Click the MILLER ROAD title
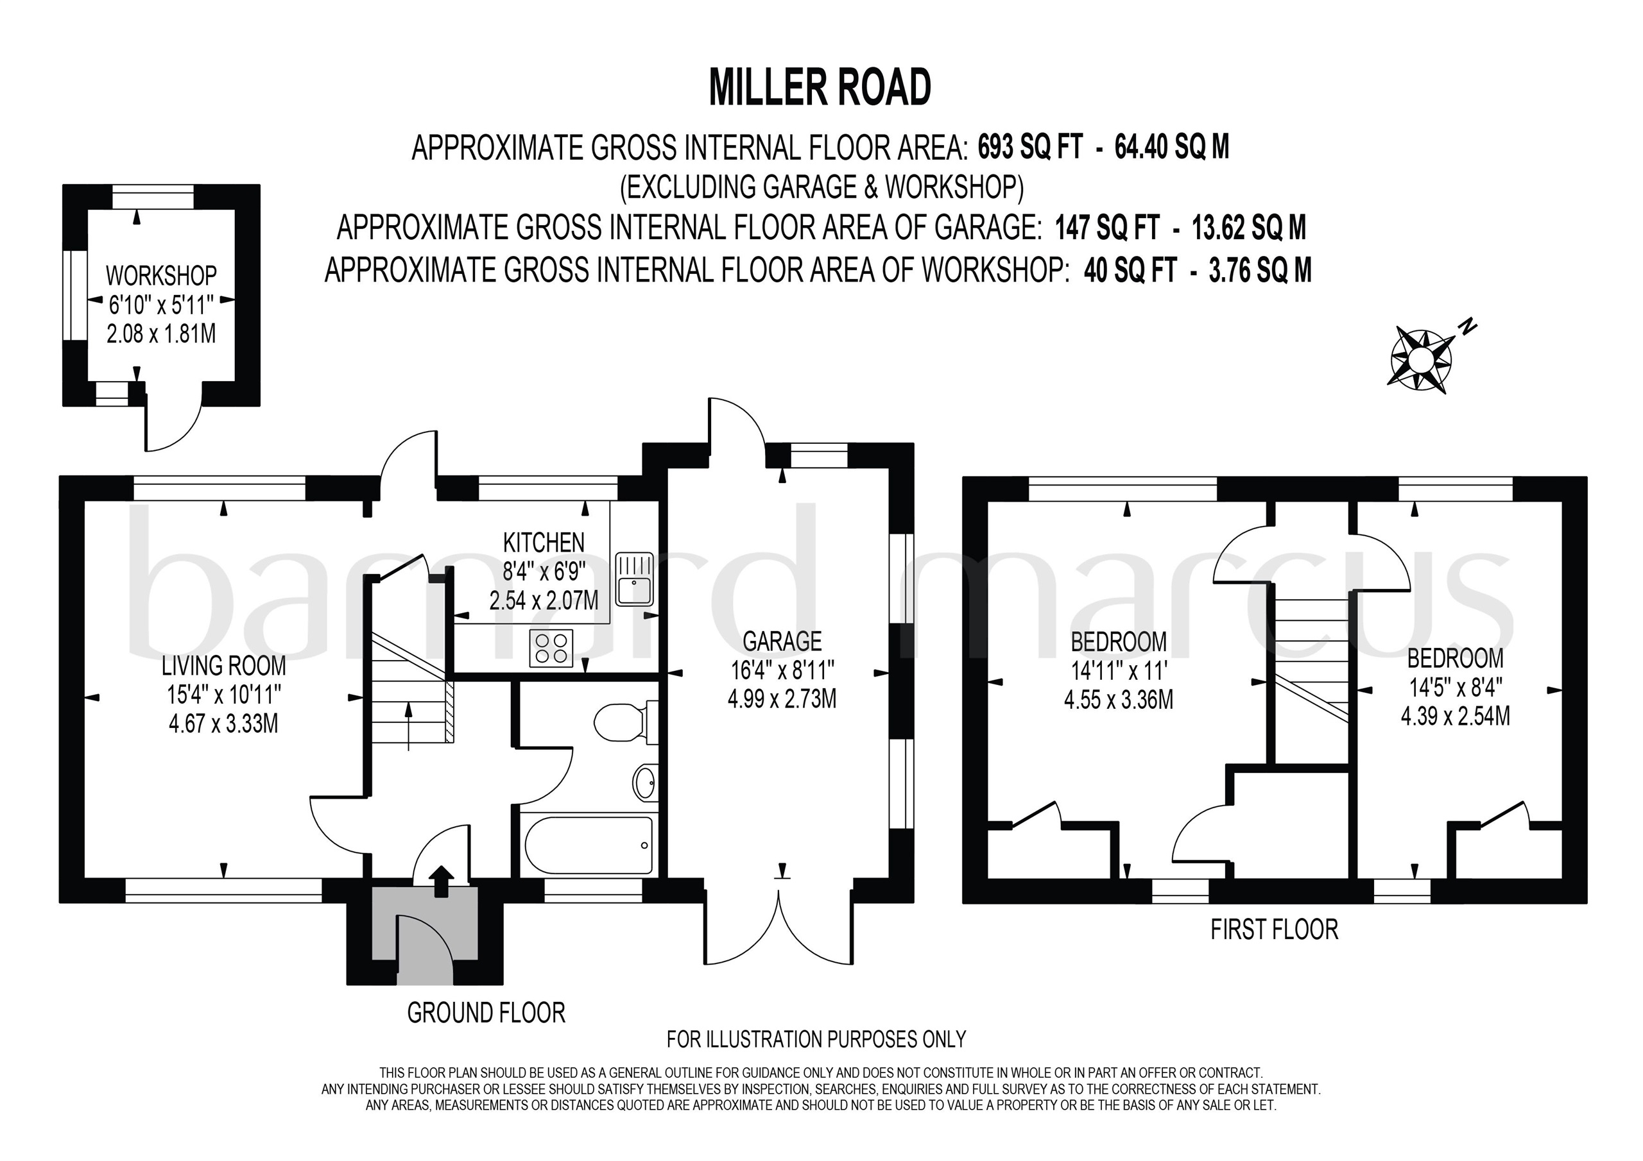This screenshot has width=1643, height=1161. pos(820,88)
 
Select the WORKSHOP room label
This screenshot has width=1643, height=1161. pos(161,275)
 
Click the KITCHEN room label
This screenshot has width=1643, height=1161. pos(544,542)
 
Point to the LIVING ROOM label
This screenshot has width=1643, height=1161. pos(223,666)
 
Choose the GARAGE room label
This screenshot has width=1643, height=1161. pos(782,641)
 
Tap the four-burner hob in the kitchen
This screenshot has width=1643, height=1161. pos(551,648)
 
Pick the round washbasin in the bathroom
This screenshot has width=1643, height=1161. pos(646,782)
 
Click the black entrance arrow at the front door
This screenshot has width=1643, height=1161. pos(441,881)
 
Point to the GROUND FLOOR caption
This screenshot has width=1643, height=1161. pos(486,1012)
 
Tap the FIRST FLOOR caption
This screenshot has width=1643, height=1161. pos(1275,929)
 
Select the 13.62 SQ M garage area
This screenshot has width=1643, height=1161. pos(1249,228)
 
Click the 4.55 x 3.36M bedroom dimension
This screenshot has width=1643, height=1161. pos(1119,699)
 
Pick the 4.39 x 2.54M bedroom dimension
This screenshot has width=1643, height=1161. pos(1456,715)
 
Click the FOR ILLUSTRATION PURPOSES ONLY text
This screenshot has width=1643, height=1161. pos(816,1038)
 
